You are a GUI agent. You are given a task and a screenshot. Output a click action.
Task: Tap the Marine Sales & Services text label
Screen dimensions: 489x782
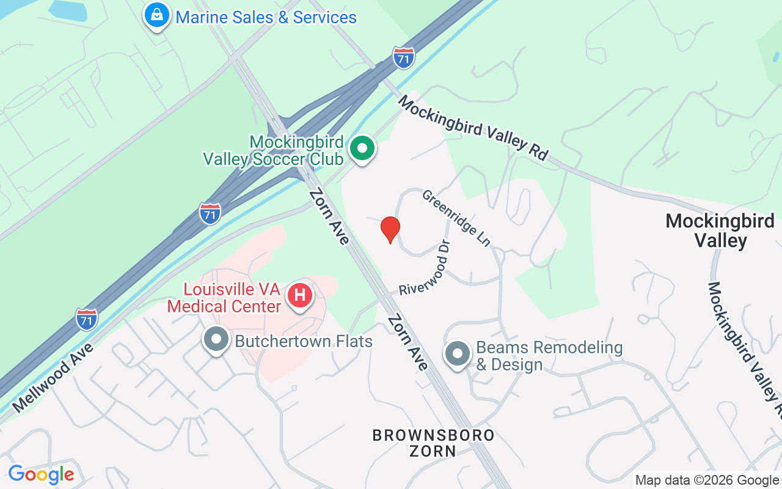(266, 17)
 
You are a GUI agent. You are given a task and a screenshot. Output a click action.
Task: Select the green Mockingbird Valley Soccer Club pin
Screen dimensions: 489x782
(362, 149)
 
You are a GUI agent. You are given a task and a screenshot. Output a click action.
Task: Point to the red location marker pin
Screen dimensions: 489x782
(390, 229)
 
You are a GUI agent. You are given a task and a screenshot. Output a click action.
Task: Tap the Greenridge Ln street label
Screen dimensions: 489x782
(456, 218)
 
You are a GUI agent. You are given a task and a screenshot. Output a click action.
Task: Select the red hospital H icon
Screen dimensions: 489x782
(300, 295)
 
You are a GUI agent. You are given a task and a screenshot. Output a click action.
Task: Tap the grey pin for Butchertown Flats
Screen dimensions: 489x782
(216, 340)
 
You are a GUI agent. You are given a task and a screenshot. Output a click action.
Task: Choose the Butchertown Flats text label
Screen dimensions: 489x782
(304, 341)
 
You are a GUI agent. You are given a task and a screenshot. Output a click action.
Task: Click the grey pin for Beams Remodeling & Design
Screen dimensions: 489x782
(457, 354)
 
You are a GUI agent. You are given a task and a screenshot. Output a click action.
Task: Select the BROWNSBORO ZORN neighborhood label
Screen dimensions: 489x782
(433, 443)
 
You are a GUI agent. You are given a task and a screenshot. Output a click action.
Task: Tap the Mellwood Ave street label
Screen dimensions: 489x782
(53, 378)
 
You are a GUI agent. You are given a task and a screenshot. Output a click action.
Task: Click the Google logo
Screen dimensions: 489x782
(42, 474)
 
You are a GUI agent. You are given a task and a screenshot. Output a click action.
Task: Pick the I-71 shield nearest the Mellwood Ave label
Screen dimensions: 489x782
(87, 319)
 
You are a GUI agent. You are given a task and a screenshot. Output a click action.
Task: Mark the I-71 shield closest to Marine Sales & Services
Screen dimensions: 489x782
(404, 57)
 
